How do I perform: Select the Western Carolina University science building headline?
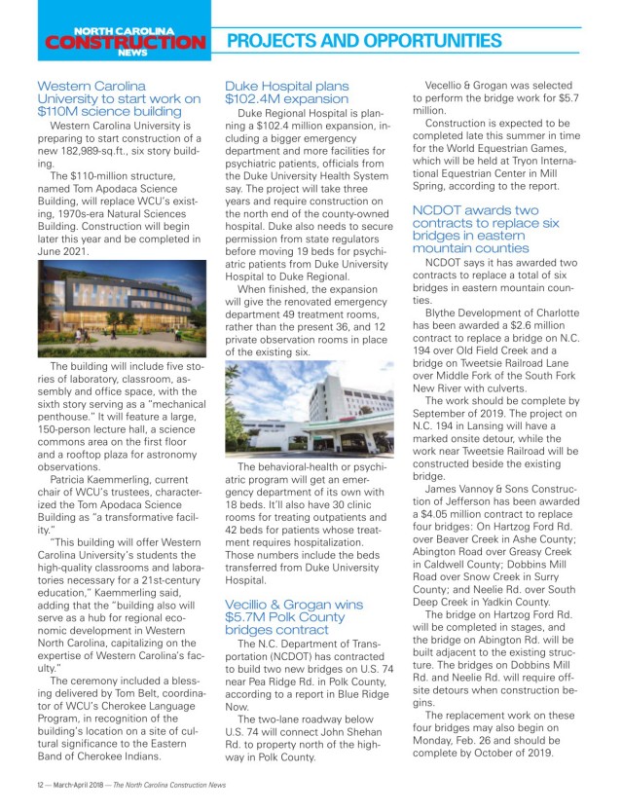click(x=119, y=98)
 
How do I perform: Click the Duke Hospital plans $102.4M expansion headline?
click(x=287, y=92)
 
